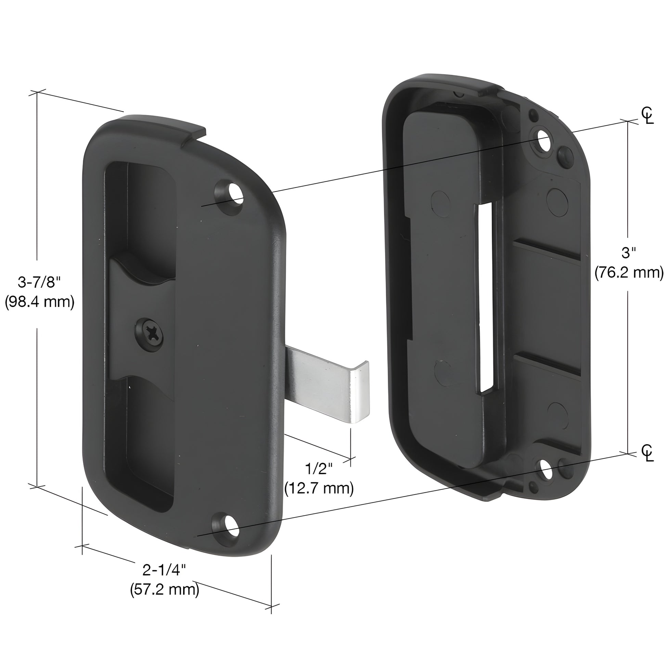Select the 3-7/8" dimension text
click(39, 283)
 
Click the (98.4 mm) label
click(39, 302)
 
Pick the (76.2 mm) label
click(629, 272)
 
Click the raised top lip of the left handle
click(162, 126)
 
